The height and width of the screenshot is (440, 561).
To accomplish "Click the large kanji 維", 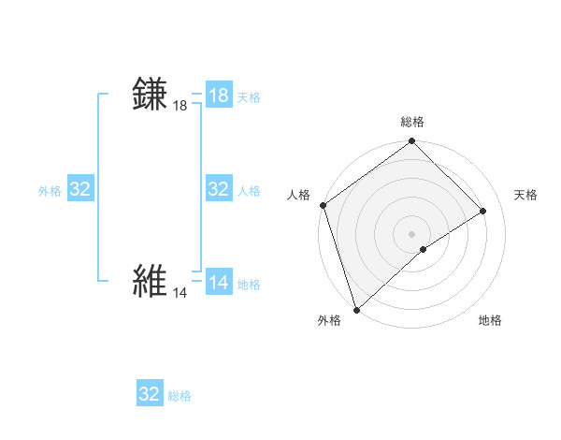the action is [151, 281].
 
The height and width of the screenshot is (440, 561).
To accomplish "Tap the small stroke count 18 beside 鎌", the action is [180, 107].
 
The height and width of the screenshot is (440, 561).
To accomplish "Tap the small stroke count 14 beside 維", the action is [180, 293].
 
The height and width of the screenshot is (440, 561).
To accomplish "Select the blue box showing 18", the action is [219, 95].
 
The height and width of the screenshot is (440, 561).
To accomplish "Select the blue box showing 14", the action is [219, 283].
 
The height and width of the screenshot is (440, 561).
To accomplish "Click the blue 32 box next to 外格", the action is [80, 189].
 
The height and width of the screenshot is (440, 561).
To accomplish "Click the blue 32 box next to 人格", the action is [219, 189].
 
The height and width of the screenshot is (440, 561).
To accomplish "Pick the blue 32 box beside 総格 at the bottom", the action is [150, 394].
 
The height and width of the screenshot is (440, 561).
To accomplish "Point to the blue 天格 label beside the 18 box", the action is [249, 97].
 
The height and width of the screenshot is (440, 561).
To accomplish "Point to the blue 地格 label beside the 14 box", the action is [249, 285].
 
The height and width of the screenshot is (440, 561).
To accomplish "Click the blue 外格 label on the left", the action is [50, 191].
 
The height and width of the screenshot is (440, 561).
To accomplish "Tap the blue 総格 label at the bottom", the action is [180, 396].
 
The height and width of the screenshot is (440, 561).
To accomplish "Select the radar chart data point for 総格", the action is [411, 142].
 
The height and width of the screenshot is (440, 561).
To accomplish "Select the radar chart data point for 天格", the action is [483, 211].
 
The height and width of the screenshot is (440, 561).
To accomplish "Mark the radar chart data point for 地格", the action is [424, 249].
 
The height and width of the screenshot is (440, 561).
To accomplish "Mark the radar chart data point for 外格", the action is [356, 309].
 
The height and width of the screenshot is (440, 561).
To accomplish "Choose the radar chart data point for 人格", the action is [323, 205].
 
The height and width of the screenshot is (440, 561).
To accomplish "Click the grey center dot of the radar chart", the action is [411, 234].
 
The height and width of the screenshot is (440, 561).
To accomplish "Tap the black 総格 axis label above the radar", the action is [411, 122].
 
